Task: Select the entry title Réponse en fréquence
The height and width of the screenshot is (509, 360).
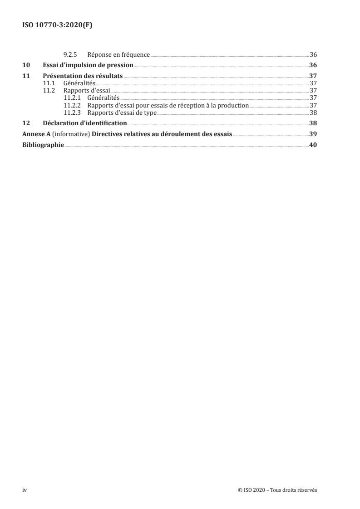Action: [x=118, y=54]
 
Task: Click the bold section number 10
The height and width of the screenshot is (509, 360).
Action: [x=26, y=65]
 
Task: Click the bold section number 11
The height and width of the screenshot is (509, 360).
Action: [x=26, y=76]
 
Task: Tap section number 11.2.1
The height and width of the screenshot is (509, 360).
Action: [x=72, y=98]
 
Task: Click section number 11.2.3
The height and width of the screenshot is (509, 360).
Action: [x=72, y=113]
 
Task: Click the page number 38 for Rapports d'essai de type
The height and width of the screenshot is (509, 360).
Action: [x=313, y=113]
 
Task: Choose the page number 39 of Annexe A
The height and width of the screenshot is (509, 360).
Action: [x=313, y=134]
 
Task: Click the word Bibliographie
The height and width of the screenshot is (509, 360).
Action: [x=43, y=145]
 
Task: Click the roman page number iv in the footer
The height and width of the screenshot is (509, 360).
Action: [x=25, y=490]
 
